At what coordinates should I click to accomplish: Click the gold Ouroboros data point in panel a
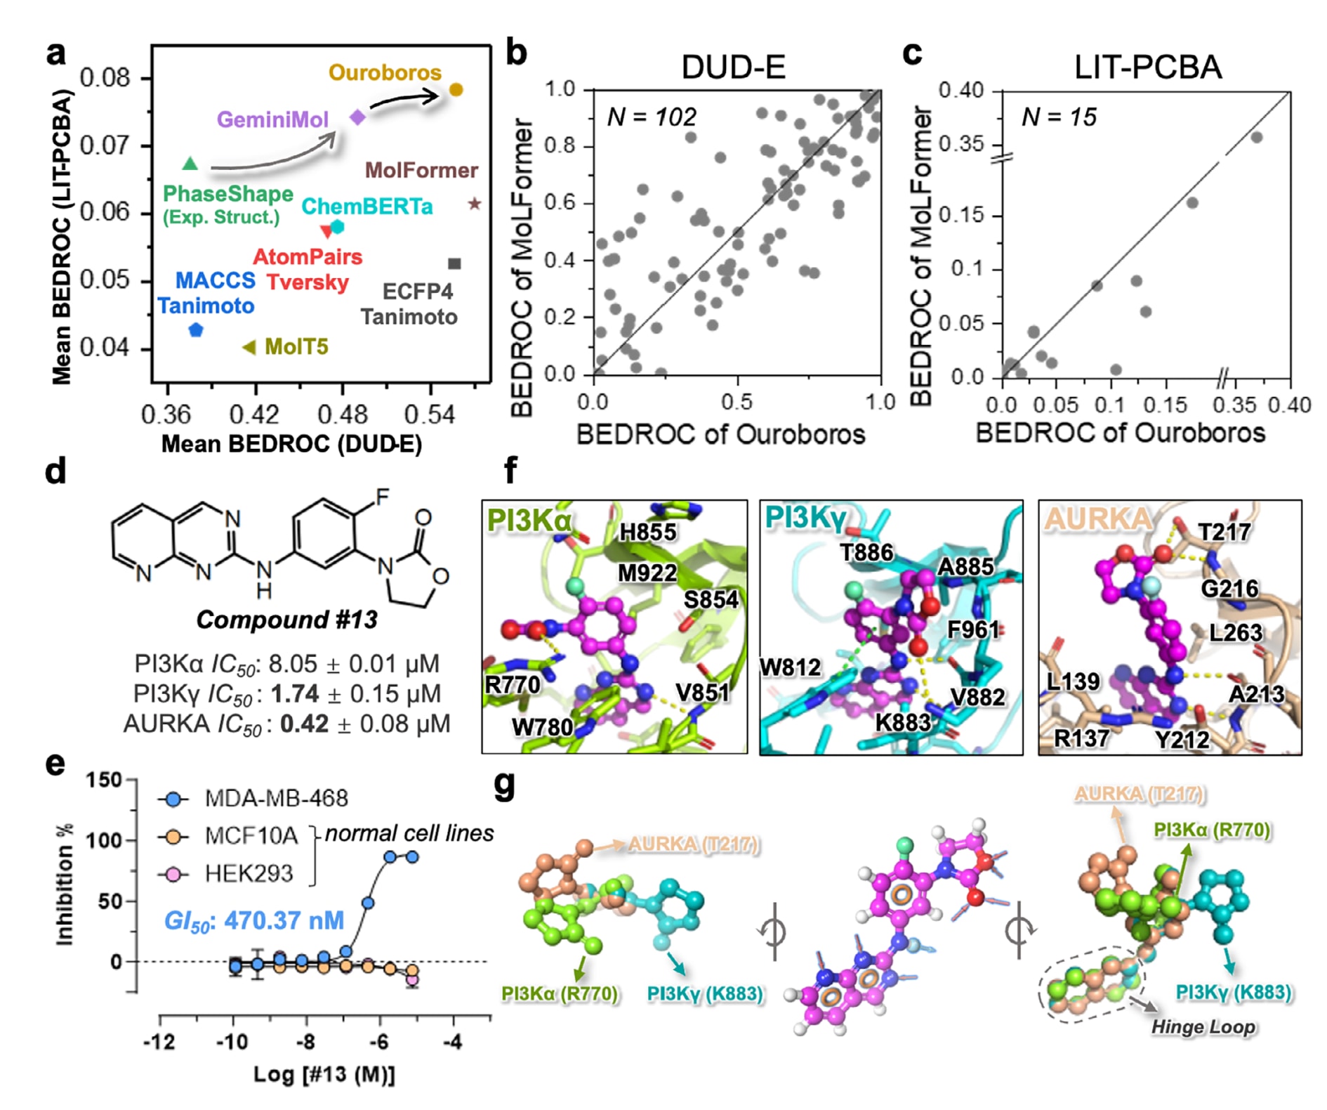[456, 89]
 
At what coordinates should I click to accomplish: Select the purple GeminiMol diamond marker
[357, 117]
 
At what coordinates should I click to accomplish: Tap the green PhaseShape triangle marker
[190, 164]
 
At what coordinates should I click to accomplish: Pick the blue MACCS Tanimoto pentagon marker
[196, 329]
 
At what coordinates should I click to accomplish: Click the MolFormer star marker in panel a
[475, 204]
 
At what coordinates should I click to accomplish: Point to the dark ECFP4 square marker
[454, 263]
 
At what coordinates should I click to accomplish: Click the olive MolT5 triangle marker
[249, 347]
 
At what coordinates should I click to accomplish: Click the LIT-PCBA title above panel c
[1147, 67]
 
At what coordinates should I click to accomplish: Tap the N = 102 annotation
[651, 117]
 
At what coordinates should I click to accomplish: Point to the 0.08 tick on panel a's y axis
[105, 77]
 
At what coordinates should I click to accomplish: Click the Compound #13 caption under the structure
[286, 620]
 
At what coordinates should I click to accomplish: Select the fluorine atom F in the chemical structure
[382, 497]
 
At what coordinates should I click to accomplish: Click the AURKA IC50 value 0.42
[304, 724]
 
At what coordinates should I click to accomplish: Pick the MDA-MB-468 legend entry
[276, 798]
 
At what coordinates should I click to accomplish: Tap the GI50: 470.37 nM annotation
[254, 920]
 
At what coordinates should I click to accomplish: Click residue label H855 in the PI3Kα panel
[647, 532]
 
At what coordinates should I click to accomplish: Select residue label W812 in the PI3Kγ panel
[790, 667]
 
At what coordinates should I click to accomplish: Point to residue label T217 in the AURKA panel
[1224, 532]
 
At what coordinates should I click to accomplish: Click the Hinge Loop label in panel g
[1202, 1027]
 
